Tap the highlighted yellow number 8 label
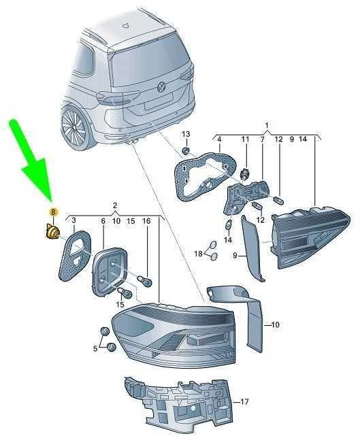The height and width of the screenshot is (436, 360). [x=53, y=213]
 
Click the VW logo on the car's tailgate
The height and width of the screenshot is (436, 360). [x=161, y=86]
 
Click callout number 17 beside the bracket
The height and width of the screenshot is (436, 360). [x=244, y=402]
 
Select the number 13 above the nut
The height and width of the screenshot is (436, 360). [x=186, y=134]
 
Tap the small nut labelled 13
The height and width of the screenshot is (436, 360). [x=186, y=151]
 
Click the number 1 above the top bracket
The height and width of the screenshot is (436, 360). [x=267, y=125]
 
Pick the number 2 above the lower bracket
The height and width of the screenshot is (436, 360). [x=114, y=206]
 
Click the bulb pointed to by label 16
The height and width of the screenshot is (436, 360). [x=145, y=282]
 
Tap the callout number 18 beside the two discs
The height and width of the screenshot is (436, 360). [x=199, y=253]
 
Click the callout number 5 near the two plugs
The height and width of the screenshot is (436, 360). [x=95, y=348]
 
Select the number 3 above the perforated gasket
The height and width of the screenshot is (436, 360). [x=73, y=220]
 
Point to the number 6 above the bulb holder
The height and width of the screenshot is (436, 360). [x=103, y=221]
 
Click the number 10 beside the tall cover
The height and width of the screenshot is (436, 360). [x=275, y=324]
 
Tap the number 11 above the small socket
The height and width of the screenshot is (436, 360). [x=245, y=139]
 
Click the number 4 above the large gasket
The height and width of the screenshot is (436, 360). [x=219, y=139]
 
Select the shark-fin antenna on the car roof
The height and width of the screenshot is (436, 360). [x=126, y=24]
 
